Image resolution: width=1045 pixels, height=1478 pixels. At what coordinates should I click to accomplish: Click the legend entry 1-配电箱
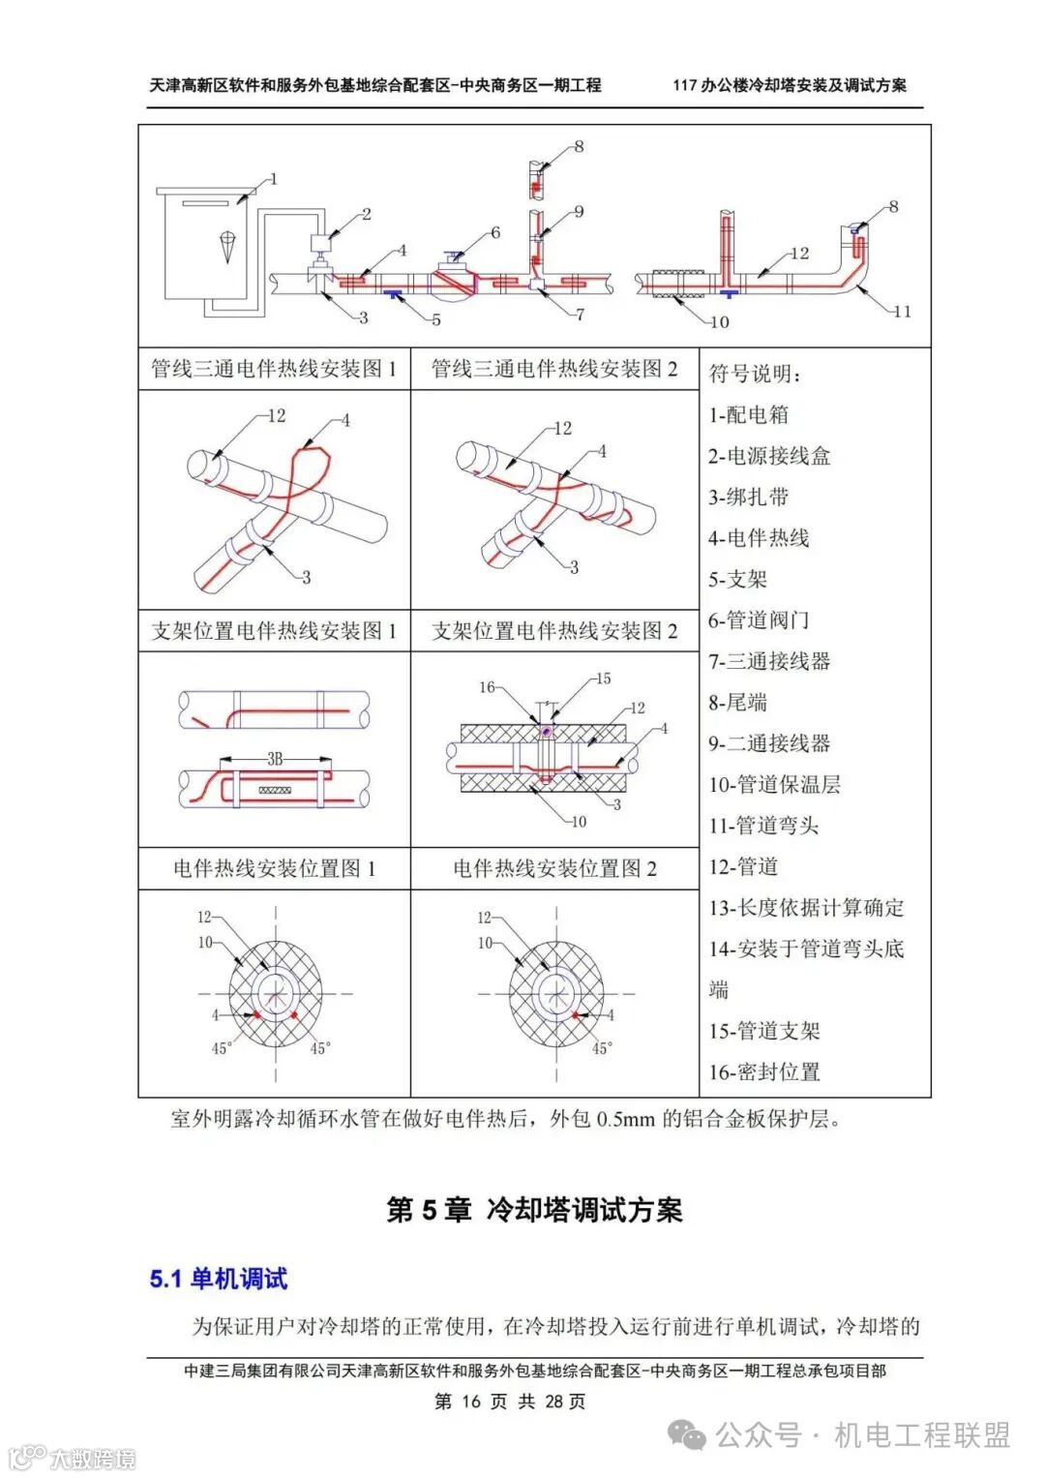pos(748,415)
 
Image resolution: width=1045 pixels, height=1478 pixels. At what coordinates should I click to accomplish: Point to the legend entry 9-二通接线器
pos(768,744)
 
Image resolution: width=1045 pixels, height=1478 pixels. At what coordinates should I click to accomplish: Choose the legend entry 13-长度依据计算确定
pos(806,908)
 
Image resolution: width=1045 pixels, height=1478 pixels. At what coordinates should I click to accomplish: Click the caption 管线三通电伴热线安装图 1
pos(274,369)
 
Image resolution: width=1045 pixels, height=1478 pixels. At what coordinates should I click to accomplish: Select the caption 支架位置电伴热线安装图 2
pos(554,631)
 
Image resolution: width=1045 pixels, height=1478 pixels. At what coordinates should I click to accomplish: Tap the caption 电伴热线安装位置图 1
pos(274,868)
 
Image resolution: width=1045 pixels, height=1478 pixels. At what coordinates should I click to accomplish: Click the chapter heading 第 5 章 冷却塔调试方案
pos(534,1210)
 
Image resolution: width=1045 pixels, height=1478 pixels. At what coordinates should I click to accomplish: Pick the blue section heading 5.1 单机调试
pos(219,1279)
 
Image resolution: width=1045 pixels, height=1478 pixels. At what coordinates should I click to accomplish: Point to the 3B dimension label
pos(276,760)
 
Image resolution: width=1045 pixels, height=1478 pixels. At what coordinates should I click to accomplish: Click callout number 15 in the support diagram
pos(603,679)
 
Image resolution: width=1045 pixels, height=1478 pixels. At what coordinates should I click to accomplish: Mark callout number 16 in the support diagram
pos(487,687)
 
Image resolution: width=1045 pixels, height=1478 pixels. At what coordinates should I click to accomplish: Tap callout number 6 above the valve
pos(495,232)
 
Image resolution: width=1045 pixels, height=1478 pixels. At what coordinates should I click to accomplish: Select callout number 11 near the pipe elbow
pos(902,312)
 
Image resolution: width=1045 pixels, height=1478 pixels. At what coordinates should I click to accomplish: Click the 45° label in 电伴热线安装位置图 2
pos(602,1048)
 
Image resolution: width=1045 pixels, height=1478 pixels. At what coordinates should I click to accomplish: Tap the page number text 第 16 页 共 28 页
pos(510,1402)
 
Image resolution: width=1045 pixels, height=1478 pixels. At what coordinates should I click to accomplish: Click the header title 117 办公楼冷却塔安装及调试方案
pos(790,85)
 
